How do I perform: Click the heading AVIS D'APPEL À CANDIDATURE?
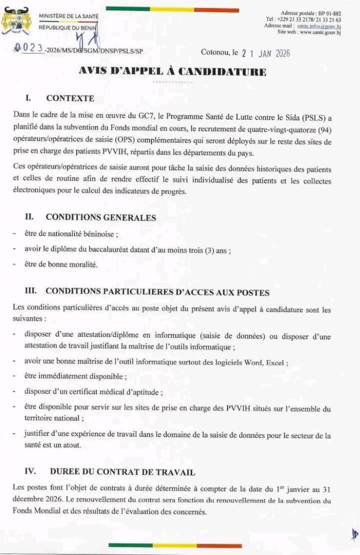tap(173, 71)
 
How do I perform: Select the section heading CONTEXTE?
tap(70, 98)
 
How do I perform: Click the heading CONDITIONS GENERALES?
tap(101, 217)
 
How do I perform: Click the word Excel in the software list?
tap(275, 362)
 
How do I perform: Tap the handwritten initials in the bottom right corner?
tap(354, 534)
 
